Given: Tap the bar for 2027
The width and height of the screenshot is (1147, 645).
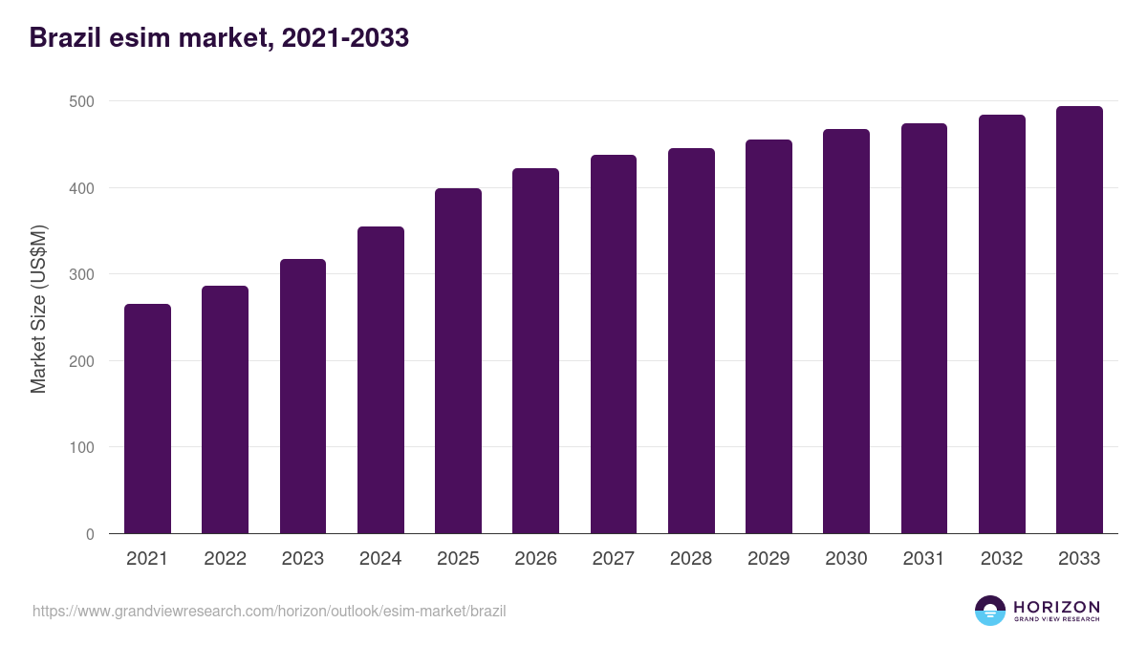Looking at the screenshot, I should pyautogui.click(x=614, y=344).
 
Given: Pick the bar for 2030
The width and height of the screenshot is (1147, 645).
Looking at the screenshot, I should pyautogui.click(x=846, y=332).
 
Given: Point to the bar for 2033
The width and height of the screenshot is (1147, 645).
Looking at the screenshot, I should pyautogui.click(x=1079, y=320).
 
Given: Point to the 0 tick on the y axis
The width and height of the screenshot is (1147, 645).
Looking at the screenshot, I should pyautogui.click(x=90, y=534).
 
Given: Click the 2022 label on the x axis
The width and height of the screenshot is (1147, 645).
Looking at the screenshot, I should pyautogui.click(x=225, y=559).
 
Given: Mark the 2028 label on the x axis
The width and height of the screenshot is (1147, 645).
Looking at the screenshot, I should pyautogui.click(x=691, y=559).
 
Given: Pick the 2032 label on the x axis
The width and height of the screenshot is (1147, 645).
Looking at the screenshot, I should pyautogui.click(x=1002, y=559).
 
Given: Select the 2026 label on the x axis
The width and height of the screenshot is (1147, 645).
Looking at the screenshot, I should pyautogui.click(x=535, y=559).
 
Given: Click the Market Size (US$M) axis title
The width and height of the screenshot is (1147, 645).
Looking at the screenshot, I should pyautogui.click(x=38, y=309).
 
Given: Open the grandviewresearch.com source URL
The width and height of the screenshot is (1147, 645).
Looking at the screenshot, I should pyautogui.click(x=269, y=611).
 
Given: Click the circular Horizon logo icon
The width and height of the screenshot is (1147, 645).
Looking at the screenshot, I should pyautogui.click(x=990, y=611).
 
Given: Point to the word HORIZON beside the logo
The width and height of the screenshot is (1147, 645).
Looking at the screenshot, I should pyautogui.click(x=1056, y=607).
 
